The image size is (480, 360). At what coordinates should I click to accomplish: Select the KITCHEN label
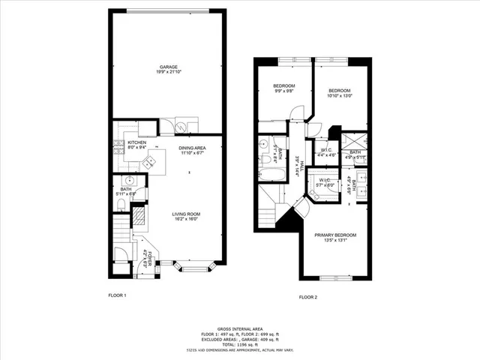click(x=136, y=142)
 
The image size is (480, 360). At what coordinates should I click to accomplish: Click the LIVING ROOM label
click(x=187, y=214)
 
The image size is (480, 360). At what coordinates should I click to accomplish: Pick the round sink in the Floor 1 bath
click(x=128, y=181)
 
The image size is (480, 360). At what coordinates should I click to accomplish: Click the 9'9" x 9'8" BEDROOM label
click(x=283, y=88)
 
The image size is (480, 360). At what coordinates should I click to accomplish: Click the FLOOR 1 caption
click(x=117, y=295)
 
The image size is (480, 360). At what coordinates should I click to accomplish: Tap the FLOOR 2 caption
click(x=308, y=298)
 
